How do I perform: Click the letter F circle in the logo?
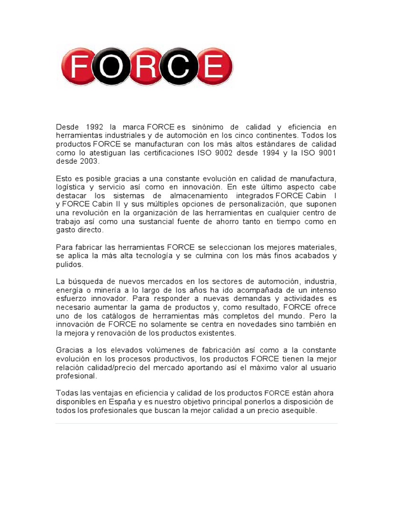coord(79,67)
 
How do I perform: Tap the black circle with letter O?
coord(113,67)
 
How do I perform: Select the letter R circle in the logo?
coord(146,67)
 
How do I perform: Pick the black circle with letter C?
coord(180,67)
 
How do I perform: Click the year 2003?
coord(87,162)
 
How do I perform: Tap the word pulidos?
coord(69,265)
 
